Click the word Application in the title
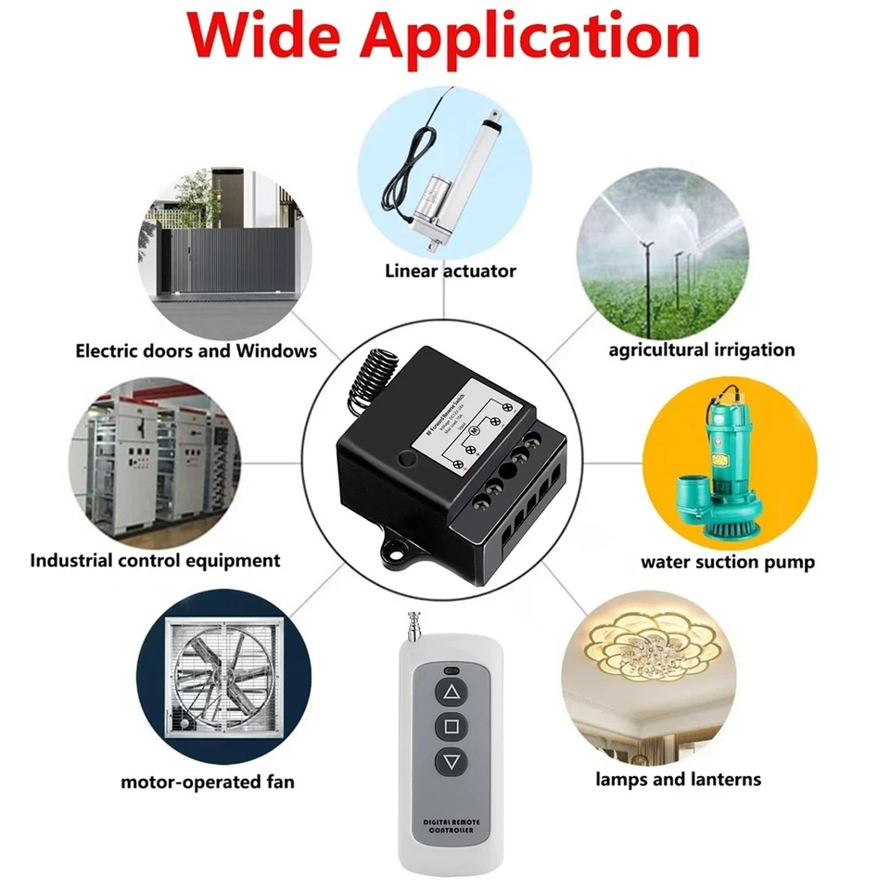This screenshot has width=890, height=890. [x=540, y=39]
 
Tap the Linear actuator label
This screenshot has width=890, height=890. [x=451, y=271]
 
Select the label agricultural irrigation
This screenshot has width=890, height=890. [x=702, y=350]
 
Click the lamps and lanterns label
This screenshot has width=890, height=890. [x=678, y=779]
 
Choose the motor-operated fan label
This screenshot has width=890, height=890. [x=208, y=782]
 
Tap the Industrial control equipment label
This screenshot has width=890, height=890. [x=155, y=560]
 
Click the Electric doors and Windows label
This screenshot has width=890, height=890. [x=196, y=350]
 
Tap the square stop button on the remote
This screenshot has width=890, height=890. [x=451, y=726]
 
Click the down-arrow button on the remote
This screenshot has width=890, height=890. [x=451, y=762]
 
